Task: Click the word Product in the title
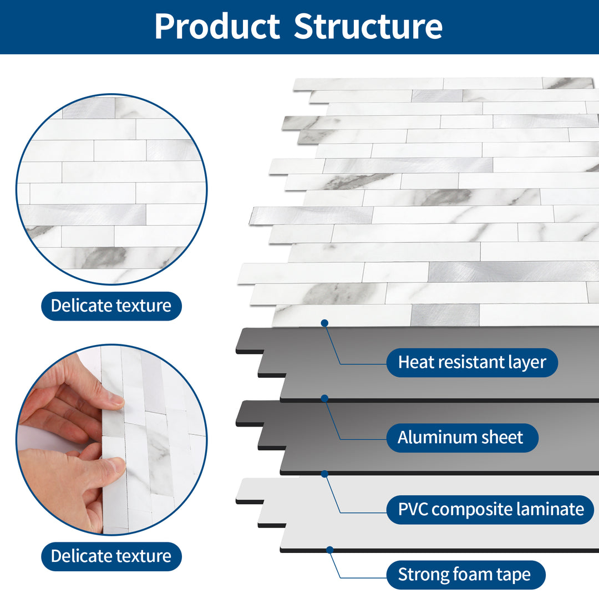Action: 217,26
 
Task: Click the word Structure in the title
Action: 368,26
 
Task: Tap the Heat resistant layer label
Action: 472,363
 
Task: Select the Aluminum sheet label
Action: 460,438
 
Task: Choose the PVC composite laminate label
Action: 490,509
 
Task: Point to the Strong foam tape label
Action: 464,575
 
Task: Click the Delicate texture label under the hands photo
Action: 111,556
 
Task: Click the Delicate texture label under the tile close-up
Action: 111,306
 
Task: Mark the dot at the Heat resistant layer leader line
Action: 324,323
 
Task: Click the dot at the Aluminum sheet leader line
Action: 324,398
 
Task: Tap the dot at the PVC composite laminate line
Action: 324,474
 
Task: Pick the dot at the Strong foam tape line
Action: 330,550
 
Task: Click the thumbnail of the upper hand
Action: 115,399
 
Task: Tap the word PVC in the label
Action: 413,509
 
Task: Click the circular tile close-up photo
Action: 111,189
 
